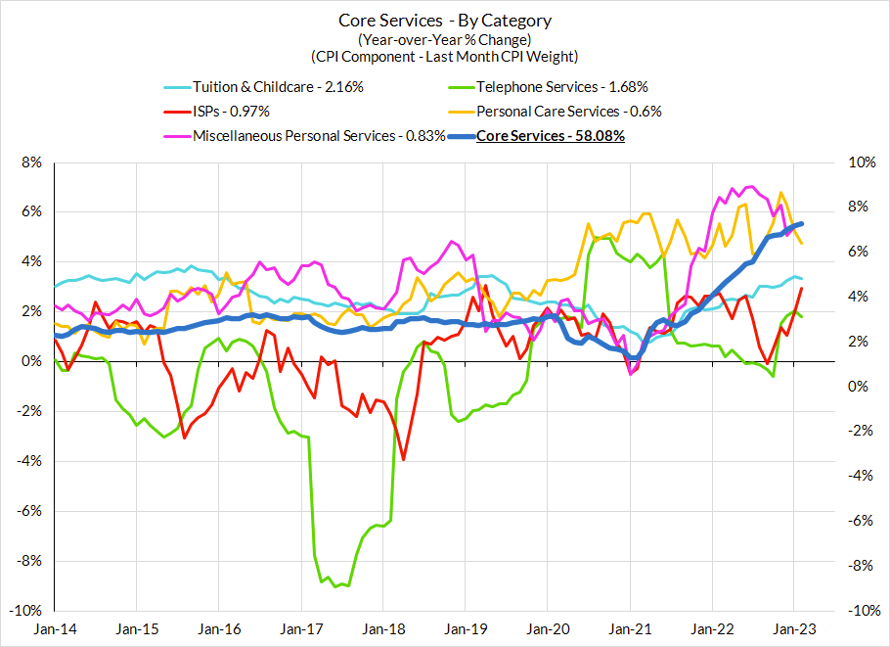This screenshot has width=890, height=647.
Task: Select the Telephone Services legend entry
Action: tap(561, 86)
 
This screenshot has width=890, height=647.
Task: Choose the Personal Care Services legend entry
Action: tap(568, 112)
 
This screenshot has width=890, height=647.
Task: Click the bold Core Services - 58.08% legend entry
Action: tap(550, 136)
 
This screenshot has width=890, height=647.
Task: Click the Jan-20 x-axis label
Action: tap(549, 628)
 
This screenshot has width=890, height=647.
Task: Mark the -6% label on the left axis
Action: tap(28, 511)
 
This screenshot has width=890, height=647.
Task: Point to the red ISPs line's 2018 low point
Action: tap(403, 459)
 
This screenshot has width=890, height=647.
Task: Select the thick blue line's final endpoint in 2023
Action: tap(803, 224)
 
